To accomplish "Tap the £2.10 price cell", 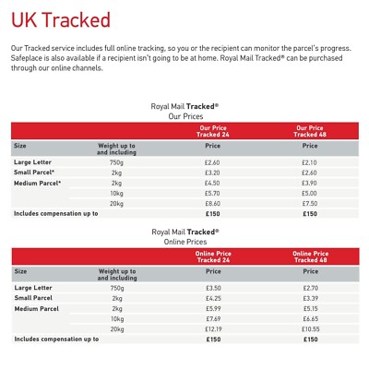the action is pyautogui.click(x=310, y=162).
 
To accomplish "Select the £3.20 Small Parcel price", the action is pyautogui.click(x=212, y=173).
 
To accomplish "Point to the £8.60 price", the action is pyautogui.click(x=212, y=204).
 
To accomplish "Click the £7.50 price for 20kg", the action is pyautogui.click(x=310, y=204).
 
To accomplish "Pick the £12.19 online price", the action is pyautogui.click(x=212, y=329).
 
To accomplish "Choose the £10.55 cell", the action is pyautogui.click(x=310, y=329).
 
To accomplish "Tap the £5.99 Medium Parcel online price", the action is pyautogui.click(x=212, y=308).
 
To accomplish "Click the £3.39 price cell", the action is pyautogui.click(x=310, y=298).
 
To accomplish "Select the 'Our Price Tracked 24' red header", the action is pyautogui.click(x=212, y=130).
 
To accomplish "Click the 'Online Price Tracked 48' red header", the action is pyautogui.click(x=310, y=256).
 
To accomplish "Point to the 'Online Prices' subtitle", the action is pyautogui.click(x=184, y=242).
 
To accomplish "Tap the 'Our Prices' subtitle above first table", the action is pyautogui.click(x=184, y=116).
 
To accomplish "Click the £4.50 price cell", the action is pyautogui.click(x=212, y=183).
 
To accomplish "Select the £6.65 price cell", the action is pyautogui.click(x=310, y=318).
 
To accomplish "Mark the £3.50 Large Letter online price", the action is pyautogui.click(x=212, y=288).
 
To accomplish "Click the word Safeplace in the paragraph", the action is pyautogui.click(x=29, y=56).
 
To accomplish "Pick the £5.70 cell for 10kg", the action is pyautogui.click(x=212, y=194).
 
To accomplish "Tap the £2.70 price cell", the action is pyautogui.click(x=310, y=288).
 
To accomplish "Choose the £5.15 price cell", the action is pyautogui.click(x=310, y=308).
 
